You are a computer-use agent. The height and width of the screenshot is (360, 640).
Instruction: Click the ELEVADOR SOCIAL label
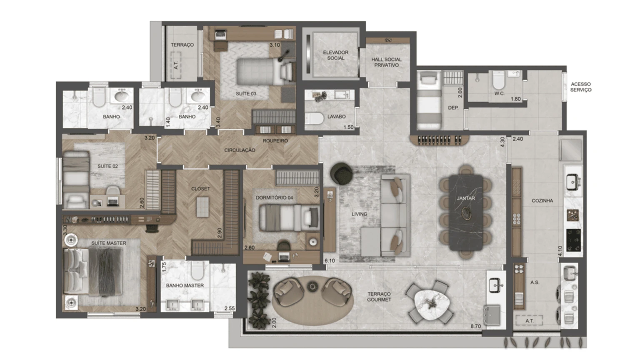pyautogui.click(x=335, y=55)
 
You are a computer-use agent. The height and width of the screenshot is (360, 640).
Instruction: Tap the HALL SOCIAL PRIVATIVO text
pyautogui.click(x=386, y=62)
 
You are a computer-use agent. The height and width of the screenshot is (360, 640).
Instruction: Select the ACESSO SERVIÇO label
pyautogui.click(x=580, y=87)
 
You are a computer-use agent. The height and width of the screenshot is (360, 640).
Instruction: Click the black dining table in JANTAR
pyautogui.click(x=466, y=212)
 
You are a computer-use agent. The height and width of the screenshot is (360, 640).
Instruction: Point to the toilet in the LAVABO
pyautogui.click(x=315, y=119)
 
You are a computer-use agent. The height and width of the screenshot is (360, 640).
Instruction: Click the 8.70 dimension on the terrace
pyautogui.click(x=475, y=326)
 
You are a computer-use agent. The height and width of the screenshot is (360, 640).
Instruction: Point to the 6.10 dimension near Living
pyautogui.click(x=330, y=261)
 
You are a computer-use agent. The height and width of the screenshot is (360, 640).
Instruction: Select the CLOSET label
pyautogui.click(x=200, y=189)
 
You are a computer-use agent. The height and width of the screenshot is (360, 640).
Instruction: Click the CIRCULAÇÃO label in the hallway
pyautogui.click(x=240, y=150)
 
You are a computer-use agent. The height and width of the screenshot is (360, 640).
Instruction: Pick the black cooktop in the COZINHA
pyautogui.click(x=573, y=240)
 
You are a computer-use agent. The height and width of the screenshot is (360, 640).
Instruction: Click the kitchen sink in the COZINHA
pyautogui.click(x=572, y=182)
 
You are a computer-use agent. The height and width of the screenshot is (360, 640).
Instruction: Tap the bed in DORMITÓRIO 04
pyautogui.click(x=287, y=217)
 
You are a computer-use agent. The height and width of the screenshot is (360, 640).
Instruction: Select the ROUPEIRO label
pyautogui.click(x=275, y=141)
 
